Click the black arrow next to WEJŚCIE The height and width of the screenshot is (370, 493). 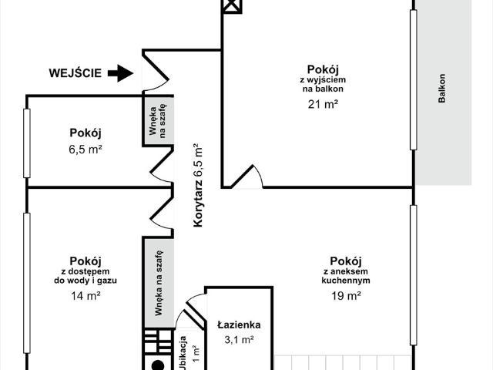[119, 74]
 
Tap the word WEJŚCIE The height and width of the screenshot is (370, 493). [75, 74]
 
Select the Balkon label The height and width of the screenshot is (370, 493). [441, 89]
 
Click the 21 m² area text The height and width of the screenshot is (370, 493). [323, 105]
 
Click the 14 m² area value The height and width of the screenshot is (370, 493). [86, 295]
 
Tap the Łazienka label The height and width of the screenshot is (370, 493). [239, 325]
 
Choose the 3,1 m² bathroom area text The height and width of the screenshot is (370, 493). [239, 339]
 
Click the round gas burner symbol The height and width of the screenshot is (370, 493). [158, 365]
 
